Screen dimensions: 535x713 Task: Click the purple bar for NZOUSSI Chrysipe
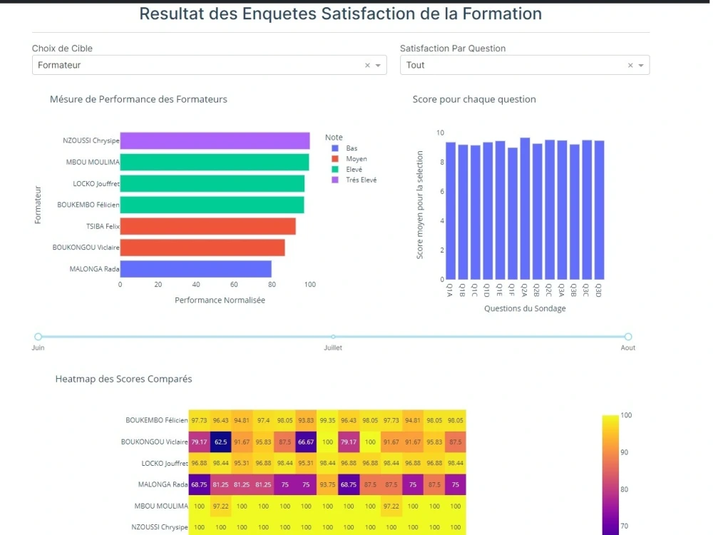214,141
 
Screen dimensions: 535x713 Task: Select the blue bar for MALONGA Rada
195,269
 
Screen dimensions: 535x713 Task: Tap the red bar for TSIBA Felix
207,226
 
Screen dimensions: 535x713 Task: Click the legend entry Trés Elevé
361,180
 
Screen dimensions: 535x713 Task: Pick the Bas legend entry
352,148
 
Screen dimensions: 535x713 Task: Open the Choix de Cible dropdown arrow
379,66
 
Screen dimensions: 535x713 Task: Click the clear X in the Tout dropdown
630,66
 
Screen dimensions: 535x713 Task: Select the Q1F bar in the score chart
513,213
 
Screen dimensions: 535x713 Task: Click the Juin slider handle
39,337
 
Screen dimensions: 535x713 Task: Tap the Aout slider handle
628,337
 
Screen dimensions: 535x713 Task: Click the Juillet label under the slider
333,348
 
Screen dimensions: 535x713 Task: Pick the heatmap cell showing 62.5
221,442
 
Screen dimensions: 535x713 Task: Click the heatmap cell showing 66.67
307,442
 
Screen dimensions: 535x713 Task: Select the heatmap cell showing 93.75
328,484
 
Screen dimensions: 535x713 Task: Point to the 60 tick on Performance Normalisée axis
234,285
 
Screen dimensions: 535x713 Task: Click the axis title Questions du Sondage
525,309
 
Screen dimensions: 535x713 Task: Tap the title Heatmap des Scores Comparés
123,379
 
